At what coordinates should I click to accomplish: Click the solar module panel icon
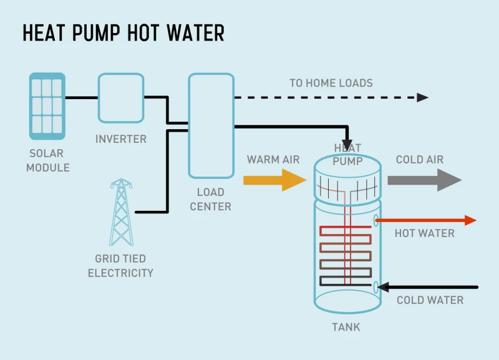point(47,106)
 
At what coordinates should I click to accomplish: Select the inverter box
point(120,98)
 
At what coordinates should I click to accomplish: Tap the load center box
point(211,125)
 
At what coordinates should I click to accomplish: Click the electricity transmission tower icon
point(121,212)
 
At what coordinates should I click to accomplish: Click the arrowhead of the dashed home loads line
point(422,97)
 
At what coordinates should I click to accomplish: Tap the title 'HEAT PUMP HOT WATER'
point(123,33)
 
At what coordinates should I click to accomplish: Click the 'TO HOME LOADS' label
point(331,83)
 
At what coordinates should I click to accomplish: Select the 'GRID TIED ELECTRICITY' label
point(120,266)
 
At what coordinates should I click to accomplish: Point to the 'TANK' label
point(346,327)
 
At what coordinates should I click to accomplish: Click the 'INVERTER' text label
point(120,139)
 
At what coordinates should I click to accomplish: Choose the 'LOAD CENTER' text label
point(210,199)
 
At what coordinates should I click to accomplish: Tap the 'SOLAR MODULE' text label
point(48,160)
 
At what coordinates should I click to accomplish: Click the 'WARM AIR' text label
point(273,160)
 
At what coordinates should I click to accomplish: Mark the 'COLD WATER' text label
point(430,300)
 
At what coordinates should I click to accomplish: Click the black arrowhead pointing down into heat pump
point(347,145)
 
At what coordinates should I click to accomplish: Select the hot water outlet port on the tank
point(375,220)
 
